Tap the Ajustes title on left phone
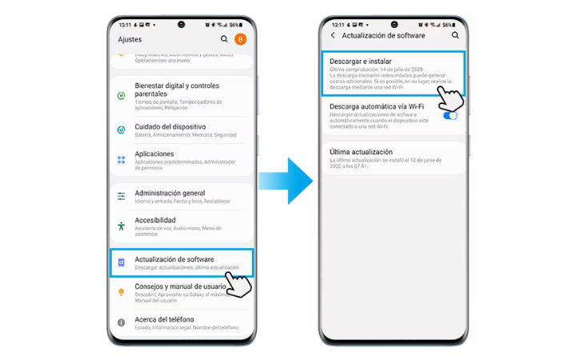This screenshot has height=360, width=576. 130,38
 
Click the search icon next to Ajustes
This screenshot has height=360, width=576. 224,38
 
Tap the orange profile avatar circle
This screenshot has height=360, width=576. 241,38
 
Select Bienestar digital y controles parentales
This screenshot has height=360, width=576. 177,90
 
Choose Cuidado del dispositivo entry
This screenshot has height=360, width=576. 170,126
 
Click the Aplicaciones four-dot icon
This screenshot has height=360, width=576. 121,159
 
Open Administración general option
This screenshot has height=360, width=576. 170,193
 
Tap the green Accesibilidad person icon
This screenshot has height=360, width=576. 121,226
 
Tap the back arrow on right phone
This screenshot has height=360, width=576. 333,35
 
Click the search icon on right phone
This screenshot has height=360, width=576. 455,35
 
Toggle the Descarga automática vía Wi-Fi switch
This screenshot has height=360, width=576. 451,115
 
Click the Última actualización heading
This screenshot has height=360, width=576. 361,151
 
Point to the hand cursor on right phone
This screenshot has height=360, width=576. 452,98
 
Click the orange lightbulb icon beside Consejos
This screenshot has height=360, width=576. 121,292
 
